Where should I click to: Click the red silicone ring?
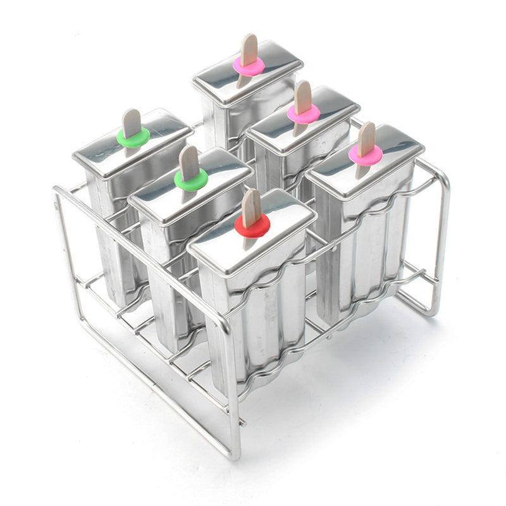252,225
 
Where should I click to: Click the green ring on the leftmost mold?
133,137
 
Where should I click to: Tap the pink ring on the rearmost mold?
249,65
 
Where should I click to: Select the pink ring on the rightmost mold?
366,154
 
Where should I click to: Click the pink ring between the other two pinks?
304,114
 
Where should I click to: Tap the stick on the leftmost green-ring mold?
132,121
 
